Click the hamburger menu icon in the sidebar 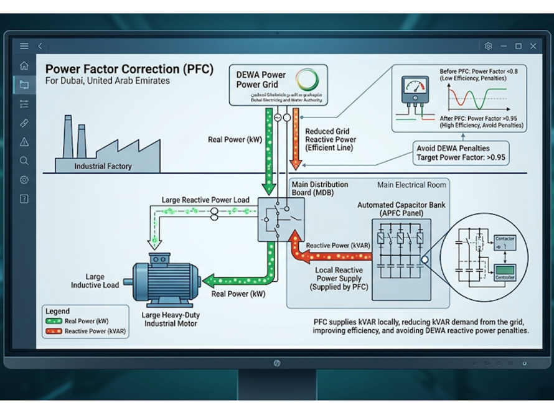(x=24, y=46)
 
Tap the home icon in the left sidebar (x=24, y=65)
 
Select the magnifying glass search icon (x=24, y=161)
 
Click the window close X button (x=533, y=46)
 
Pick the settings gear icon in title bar (x=488, y=46)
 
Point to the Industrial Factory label (x=103, y=166)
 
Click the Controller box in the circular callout (x=504, y=274)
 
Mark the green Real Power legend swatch (x=54, y=322)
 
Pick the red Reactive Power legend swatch (x=54, y=332)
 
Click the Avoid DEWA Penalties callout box (x=461, y=153)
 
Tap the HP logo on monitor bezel (x=276, y=363)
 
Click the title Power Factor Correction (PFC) (x=129, y=68)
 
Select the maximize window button (x=519, y=46)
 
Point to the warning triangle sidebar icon (x=24, y=142)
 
